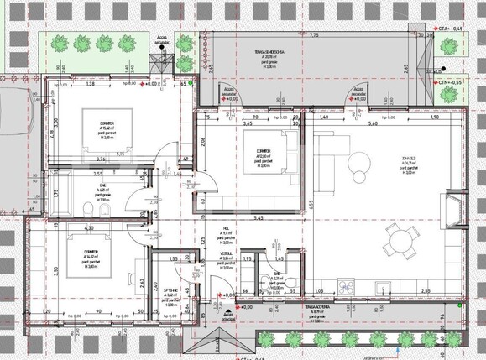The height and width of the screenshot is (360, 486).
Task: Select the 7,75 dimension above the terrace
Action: [x=313, y=36]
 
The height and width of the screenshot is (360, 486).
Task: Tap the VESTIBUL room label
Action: [x=225, y=253]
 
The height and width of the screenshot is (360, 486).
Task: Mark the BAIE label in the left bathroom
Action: [x=103, y=189]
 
